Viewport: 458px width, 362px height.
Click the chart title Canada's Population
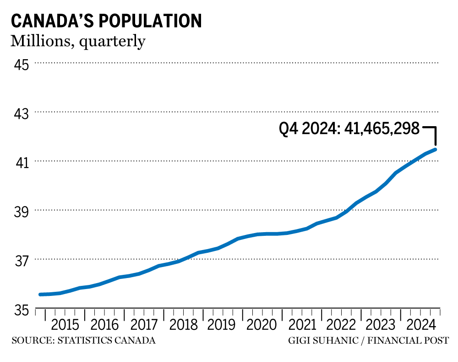(106, 21)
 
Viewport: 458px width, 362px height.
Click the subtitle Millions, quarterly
(78, 41)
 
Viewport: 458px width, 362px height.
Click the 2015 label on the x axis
(65, 325)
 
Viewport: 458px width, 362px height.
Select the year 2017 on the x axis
(144, 325)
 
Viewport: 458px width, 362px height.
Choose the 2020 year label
(261, 325)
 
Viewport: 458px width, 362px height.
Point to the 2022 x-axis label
(340, 325)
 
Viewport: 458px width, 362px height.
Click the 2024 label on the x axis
(419, 325)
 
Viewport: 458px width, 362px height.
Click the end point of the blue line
(436, 149)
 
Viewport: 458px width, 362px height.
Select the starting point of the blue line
(41, 295)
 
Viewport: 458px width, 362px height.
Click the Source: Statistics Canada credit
(83, 341)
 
